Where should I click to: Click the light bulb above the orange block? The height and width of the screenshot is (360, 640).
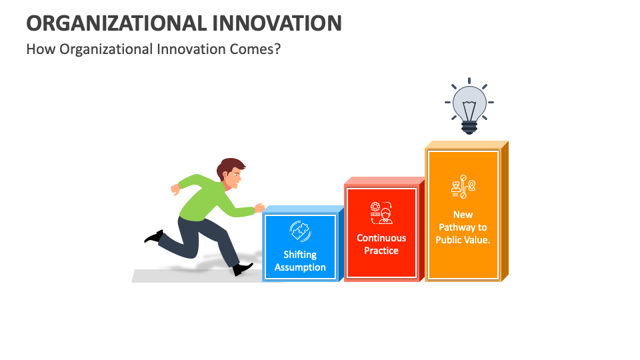point(469,105)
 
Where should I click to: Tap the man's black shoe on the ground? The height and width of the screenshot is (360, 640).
point(243,269)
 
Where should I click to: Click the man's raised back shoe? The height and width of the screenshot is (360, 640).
point(154,236)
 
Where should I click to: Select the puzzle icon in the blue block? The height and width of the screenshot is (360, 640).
point(299,231)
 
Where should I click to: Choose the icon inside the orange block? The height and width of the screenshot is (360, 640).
point(463,187)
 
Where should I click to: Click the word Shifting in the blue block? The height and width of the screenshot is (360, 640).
point(300,255)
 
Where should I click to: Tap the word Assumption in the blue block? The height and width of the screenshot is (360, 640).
point(300,267)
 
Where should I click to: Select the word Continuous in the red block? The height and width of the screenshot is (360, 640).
point(381,238)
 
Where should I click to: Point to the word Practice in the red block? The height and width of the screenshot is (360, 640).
point(381,251)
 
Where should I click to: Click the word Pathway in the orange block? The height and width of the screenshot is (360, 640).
point(463,227)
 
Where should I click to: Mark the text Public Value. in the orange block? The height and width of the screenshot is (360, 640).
point(463,240)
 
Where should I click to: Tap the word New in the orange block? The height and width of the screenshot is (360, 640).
point(463,215)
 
